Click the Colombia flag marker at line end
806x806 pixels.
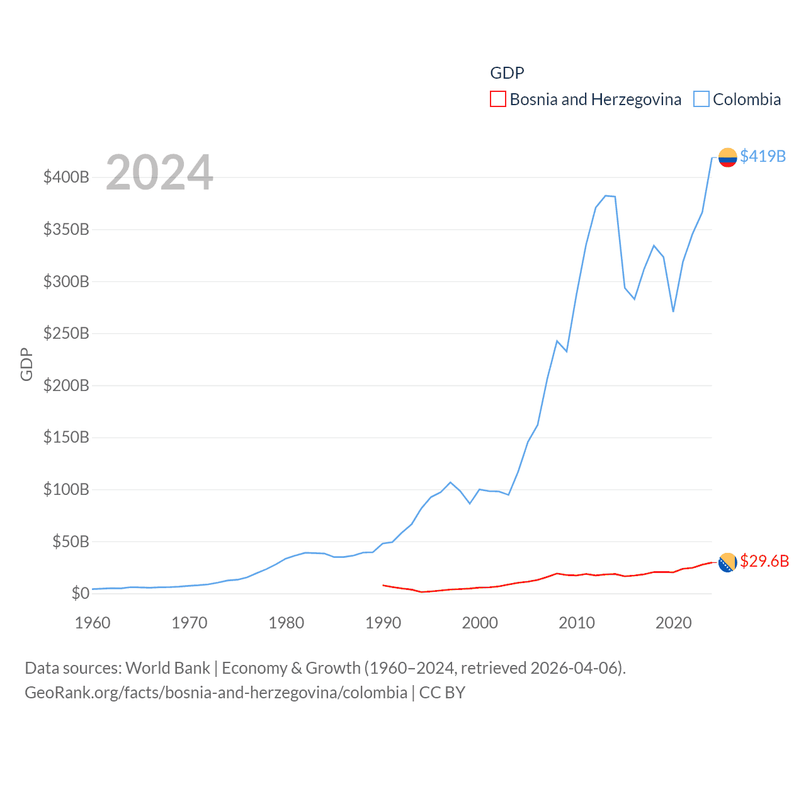(x=727, y=157)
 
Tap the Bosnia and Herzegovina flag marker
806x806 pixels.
(x=727, y=562)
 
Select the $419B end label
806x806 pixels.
(x=763, y=156)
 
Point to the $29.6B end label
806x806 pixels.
(x=764, y=561)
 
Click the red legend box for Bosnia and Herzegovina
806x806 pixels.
(x=497, y=99)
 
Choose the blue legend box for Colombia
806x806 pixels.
(x=701, y=99)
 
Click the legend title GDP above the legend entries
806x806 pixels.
(x=507, y=73)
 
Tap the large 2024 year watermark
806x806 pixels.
(x=159, y=173)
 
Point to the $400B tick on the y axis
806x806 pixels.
(x=66, y=177)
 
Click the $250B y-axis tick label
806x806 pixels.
(x=66, y=333)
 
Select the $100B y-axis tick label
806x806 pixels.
(x=66, y=489)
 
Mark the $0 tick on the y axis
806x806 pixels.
(x=80, y=593)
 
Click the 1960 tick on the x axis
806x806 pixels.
(x=93, y=623)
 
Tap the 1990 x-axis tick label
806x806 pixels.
(x=383, y=623)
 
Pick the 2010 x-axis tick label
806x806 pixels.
(x=577, y=623)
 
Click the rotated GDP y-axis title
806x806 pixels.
(x=26, y=364)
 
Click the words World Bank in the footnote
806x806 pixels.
(x=167, y=667)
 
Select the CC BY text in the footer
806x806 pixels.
(x=442, y=693)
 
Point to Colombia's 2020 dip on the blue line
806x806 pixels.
(x=673, y=311)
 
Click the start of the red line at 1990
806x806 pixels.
(x=383, y=585)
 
